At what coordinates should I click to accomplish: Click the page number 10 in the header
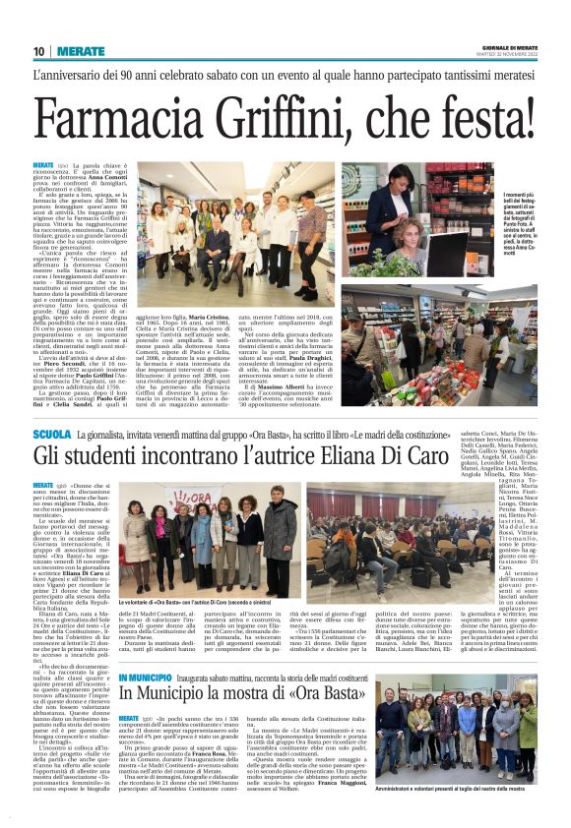[39, 51]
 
